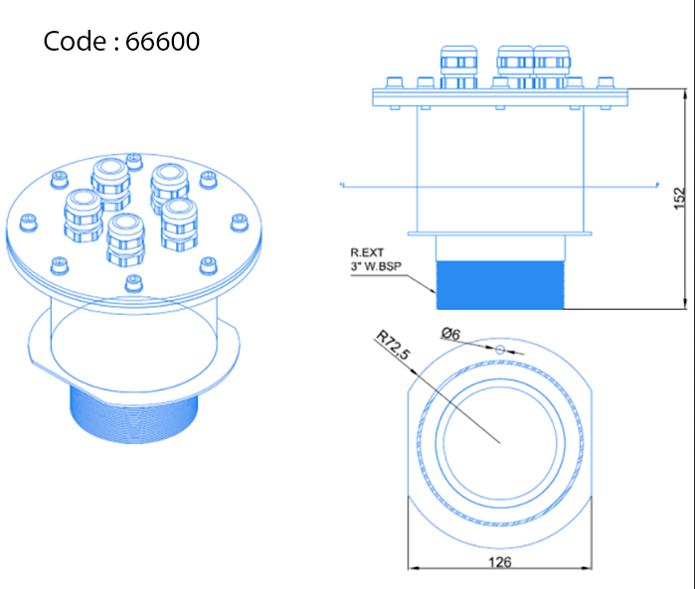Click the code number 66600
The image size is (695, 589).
pyautogui.click(x=163, y=42)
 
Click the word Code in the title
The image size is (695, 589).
pyautogui.click(x=77, y=42)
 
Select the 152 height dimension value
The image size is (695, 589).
pyautogui.click(x=679, y=198)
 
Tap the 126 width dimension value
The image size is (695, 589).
pyautogui.click(x=499, y=562)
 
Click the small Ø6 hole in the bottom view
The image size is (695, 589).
pyautogui.click(x=500, y=349)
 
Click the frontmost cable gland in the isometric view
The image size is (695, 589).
pyautogui.click(x=126, y=239)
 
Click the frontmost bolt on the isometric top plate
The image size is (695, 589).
pyautogui.click(x=131, y=283)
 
